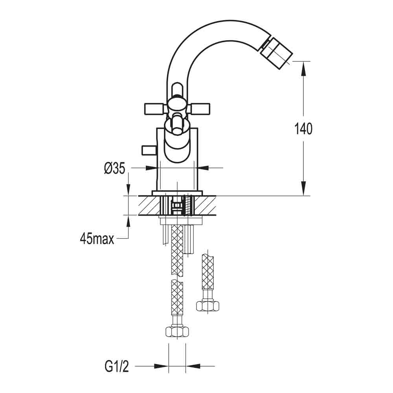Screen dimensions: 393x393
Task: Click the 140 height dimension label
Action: click(x=303, y=129)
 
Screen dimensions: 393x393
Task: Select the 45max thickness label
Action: click(x=97, y=238)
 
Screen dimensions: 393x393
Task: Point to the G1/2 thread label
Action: click(x=117, y=367)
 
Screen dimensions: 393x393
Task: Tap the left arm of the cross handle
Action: click(x=154, y=107)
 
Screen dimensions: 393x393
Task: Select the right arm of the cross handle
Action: click(x=200, y=107)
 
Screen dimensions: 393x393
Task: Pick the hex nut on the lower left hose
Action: click(x=176, y=331)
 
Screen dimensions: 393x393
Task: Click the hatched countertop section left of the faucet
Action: click(x=149, y=205)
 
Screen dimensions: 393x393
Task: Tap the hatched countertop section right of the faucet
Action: click(x=206, y=205)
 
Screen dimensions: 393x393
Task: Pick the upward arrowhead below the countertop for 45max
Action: click(x=129, y=222)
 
